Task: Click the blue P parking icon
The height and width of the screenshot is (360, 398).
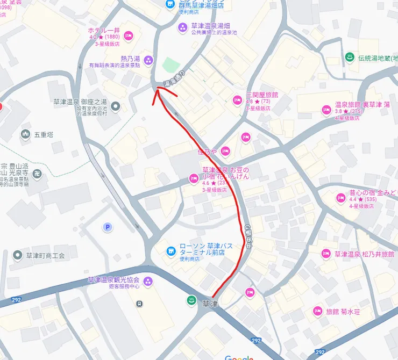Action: (x=108, y=227)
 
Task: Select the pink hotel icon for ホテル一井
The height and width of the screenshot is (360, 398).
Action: (x=128, y=35)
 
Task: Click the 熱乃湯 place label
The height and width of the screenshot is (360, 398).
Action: (x=130, y=58)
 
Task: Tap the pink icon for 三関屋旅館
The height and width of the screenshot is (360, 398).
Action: (x=237, y=99)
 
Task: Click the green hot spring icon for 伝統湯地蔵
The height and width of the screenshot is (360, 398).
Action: (x=350, y=58)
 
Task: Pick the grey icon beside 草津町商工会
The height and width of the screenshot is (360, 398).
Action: (x=18, y=255)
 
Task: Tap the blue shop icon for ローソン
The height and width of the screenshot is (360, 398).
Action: (x=170, y=250)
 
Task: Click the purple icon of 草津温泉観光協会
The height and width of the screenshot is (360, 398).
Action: (x=148, y=280)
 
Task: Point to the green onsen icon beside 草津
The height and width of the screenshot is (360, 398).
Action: (x=190, y=300)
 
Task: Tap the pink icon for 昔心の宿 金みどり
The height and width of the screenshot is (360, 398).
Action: (x=340, y=198)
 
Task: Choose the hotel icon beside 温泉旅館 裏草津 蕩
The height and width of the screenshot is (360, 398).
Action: (x=326, y=110)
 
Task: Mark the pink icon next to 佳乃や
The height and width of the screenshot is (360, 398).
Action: (x=225, y=151)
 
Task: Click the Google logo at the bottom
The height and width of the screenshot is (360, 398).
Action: (x=239, y=357)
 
